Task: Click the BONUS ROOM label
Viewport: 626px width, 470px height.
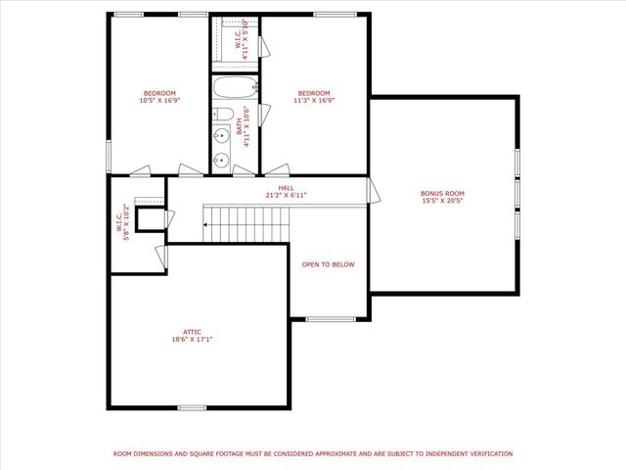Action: click(x=442, y=193)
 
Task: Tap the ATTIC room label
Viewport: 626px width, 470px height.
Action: click(x=192, y=332)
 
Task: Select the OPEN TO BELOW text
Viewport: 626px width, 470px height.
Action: click(x=328, y=264)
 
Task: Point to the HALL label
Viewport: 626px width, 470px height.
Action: click(x=286, y=187)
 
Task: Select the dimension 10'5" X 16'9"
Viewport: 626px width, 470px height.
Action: click(x=159, y=100)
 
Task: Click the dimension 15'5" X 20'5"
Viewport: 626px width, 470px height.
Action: click(x=442, y=201)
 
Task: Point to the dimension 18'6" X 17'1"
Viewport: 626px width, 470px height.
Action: click(x=192, y=340)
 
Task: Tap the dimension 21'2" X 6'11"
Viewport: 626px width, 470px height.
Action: click(x=286, y=195)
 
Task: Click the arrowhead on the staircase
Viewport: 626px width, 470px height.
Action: click(x=205, y=224)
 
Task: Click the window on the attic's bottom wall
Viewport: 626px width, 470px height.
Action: click(x=192, y=406)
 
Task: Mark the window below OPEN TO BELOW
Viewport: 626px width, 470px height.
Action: click(x=331, y=319)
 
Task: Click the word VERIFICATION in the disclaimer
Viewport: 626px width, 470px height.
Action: click(x=487, y=453)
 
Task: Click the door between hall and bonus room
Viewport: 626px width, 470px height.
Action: click(x=370, y=190)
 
